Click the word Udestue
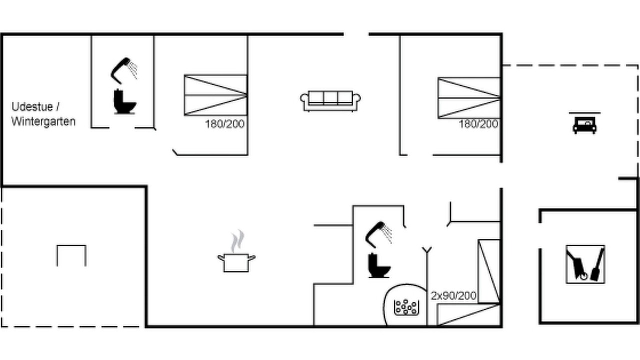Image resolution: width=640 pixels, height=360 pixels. [32, 107]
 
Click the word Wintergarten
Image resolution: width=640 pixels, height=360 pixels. [43, 122]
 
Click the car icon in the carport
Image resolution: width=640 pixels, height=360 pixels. [585, 125]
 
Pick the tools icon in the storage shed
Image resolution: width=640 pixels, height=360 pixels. [585, 264]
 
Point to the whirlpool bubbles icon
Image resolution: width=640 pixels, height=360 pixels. [406, 307]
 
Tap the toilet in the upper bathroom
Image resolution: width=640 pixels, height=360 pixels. [125, 102]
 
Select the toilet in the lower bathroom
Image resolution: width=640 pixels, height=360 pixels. [379, 266]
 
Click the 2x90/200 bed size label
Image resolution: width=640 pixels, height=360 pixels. [453, 296]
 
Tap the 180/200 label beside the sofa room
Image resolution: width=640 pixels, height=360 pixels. [225, 124]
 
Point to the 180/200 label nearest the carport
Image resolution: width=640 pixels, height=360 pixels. [478, 124]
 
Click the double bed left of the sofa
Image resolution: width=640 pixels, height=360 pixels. [215, 95]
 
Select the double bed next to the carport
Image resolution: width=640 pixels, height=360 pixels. [469, 98]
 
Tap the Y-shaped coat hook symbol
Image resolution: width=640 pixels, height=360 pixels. [427, 250]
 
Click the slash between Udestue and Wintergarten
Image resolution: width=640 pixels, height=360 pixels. [58, 107]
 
